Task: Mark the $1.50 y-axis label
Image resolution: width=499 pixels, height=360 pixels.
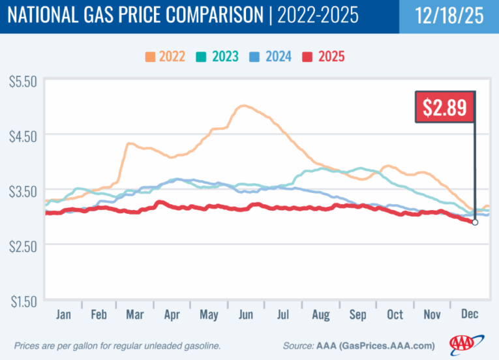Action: coord(23,303)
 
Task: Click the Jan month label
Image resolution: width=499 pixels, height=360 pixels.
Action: coord(64,314)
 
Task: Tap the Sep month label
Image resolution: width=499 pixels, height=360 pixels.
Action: coord(358,314)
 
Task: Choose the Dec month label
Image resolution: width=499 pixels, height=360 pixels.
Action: coord(469,314)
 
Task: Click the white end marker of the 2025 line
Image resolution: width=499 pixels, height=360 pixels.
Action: coord(475,222)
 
